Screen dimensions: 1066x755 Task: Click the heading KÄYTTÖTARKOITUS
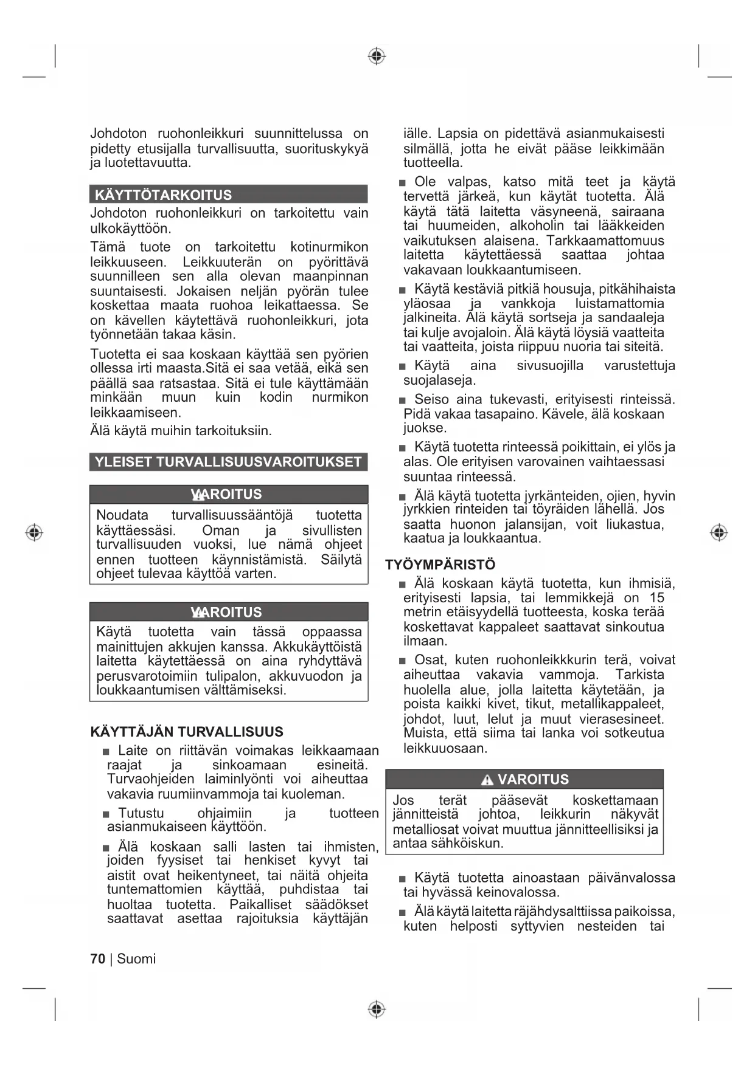click(164, 195)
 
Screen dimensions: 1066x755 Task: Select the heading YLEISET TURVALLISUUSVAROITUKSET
click(228, 462)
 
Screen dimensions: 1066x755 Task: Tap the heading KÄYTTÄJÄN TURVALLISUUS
click(187, 732)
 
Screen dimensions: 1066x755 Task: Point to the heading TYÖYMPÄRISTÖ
click(440, 565)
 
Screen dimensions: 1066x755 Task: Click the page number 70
click(97, 959)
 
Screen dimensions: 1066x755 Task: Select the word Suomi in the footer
click(136, 959)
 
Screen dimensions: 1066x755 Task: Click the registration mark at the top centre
click(377, 57)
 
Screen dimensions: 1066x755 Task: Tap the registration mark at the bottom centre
click(377, 1009)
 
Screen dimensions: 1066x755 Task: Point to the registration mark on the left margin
click(34, 533)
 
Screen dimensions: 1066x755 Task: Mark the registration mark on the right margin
click(719, 533)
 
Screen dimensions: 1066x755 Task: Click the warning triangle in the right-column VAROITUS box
click(487, 780)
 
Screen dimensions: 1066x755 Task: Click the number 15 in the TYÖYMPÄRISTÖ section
click(657, 598)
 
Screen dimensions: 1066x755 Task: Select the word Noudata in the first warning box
click(122, 515)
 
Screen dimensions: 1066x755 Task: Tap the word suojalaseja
click(440, 380)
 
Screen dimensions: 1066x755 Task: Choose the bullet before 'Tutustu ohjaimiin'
click(106, 814)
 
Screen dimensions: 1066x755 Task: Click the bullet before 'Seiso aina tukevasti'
click(402, 401)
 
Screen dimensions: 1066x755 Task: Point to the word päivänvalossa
click(631, 878)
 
